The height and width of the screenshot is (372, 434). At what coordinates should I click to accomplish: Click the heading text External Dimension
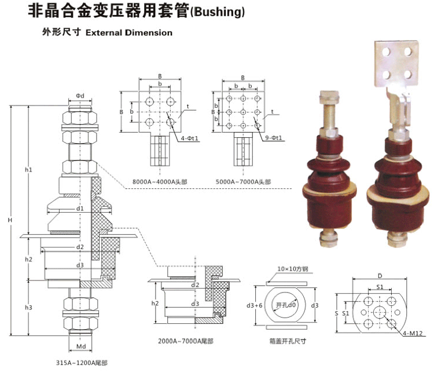coord(128,33)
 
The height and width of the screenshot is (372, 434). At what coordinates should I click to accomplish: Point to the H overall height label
coord(9,221)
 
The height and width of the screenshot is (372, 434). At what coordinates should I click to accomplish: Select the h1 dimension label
coord(28,170)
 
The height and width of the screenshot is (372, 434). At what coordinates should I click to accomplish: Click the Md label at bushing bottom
coord(80,347)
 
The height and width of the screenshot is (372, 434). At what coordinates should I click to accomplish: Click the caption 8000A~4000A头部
coord(157,182)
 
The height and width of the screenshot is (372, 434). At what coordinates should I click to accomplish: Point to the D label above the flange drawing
coord(380,276)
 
